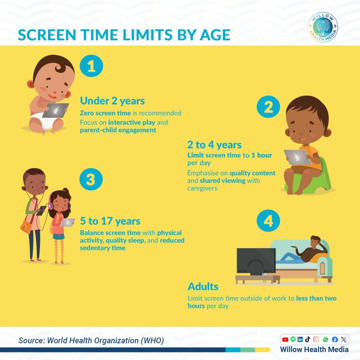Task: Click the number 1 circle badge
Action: [91, 67]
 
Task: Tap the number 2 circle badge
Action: [268, 108]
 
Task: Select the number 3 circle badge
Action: [91, 180]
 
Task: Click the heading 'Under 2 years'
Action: [112, 101]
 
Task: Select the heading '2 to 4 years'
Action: [214, 145]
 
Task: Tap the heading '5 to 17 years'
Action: [110, 221]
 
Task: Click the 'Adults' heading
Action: [203, 287]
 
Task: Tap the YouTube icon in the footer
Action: [285, 339]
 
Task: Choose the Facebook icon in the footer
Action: [334, 339]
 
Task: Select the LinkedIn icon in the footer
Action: [300, 339]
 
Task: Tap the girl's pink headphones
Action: [51, 205]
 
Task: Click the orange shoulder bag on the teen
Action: [26, 226]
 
